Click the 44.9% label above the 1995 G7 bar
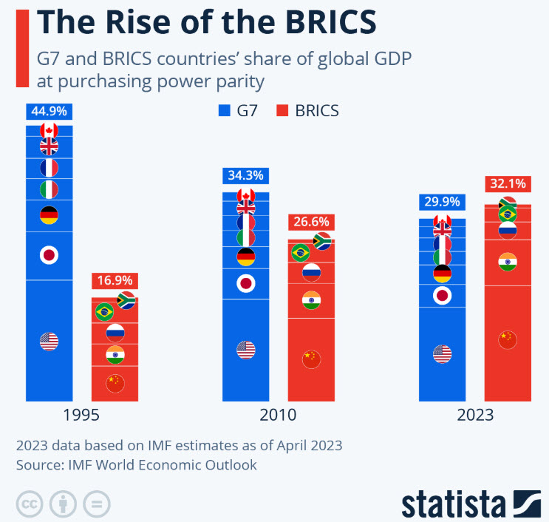(49, 112)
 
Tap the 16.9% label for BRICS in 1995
(115, 281)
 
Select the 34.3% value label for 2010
(245, 176)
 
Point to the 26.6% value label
(310, 222)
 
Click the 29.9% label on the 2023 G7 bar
(441, 202)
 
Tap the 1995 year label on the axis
(81, 415)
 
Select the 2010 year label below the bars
(278, 415)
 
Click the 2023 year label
(474, 415)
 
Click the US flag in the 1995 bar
(49, 342)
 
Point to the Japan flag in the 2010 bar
(246, 283)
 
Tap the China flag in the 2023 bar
(507, 339)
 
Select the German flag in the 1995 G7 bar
(49, 216)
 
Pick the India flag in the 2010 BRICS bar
(311, 300)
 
